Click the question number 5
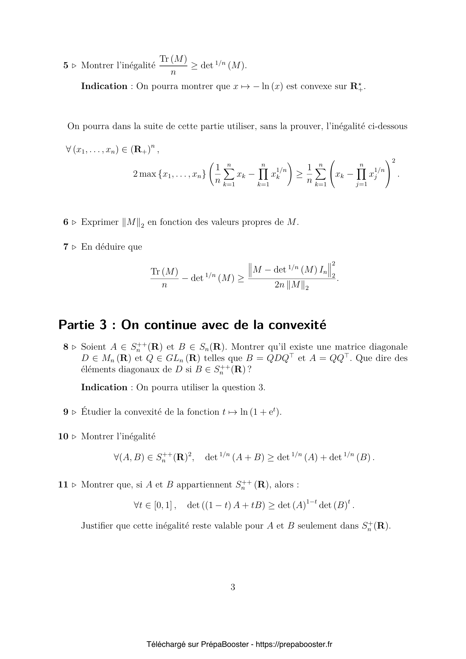click(66, 65)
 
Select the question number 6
click(66, 222)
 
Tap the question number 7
click(66, 247)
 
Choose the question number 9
click(66, 412)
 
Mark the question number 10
click(63, 436)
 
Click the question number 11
click(63, 485)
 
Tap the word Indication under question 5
click(104, 86)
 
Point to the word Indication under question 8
click(104, 387)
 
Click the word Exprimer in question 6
click(99, 222)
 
